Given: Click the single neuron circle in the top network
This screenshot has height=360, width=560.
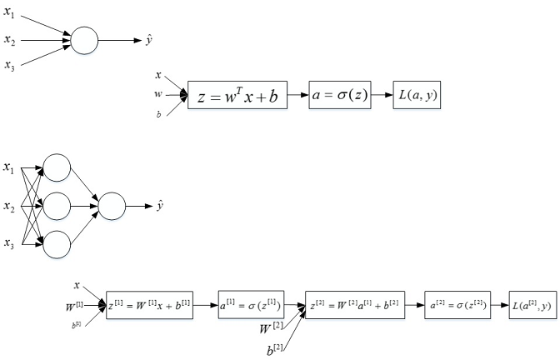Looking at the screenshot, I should [85, 39].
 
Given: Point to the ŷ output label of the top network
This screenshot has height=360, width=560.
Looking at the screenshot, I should [148, 39].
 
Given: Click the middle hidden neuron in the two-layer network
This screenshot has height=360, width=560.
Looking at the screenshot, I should [57, 205].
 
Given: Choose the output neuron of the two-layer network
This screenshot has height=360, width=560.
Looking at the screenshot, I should [112, 205].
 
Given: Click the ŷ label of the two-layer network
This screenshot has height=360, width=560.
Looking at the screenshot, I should [159, 205].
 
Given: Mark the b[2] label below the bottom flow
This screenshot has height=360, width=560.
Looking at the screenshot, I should [274, 350].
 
